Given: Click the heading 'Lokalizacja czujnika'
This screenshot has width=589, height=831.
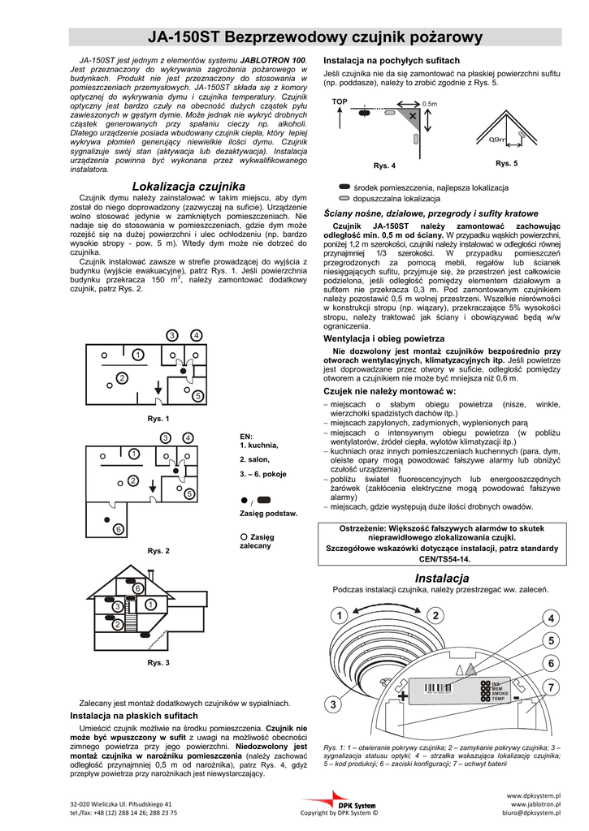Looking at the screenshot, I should (x=188, y=186).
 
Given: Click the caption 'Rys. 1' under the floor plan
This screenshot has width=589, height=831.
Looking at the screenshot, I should (x=158, y=419).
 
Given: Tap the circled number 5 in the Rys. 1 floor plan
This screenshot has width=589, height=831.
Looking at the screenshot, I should (x=197, y=395).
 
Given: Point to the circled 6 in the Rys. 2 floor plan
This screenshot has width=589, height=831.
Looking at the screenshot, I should (x=118, y=529).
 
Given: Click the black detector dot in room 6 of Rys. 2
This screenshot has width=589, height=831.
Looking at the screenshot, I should (x=106, y=518).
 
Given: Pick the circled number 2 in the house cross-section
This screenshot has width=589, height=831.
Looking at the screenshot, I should (x=117, y=624).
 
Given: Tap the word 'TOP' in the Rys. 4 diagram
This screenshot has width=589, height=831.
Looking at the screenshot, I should (x=340, y=101).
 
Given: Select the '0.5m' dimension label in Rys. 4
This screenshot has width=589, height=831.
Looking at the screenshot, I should (x=430, y=105).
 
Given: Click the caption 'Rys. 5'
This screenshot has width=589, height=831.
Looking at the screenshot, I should (x=507, y=163).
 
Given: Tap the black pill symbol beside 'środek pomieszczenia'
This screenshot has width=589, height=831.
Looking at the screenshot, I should (x=344, y=187).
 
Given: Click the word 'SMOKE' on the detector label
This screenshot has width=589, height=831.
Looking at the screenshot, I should (x=500, y=694).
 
